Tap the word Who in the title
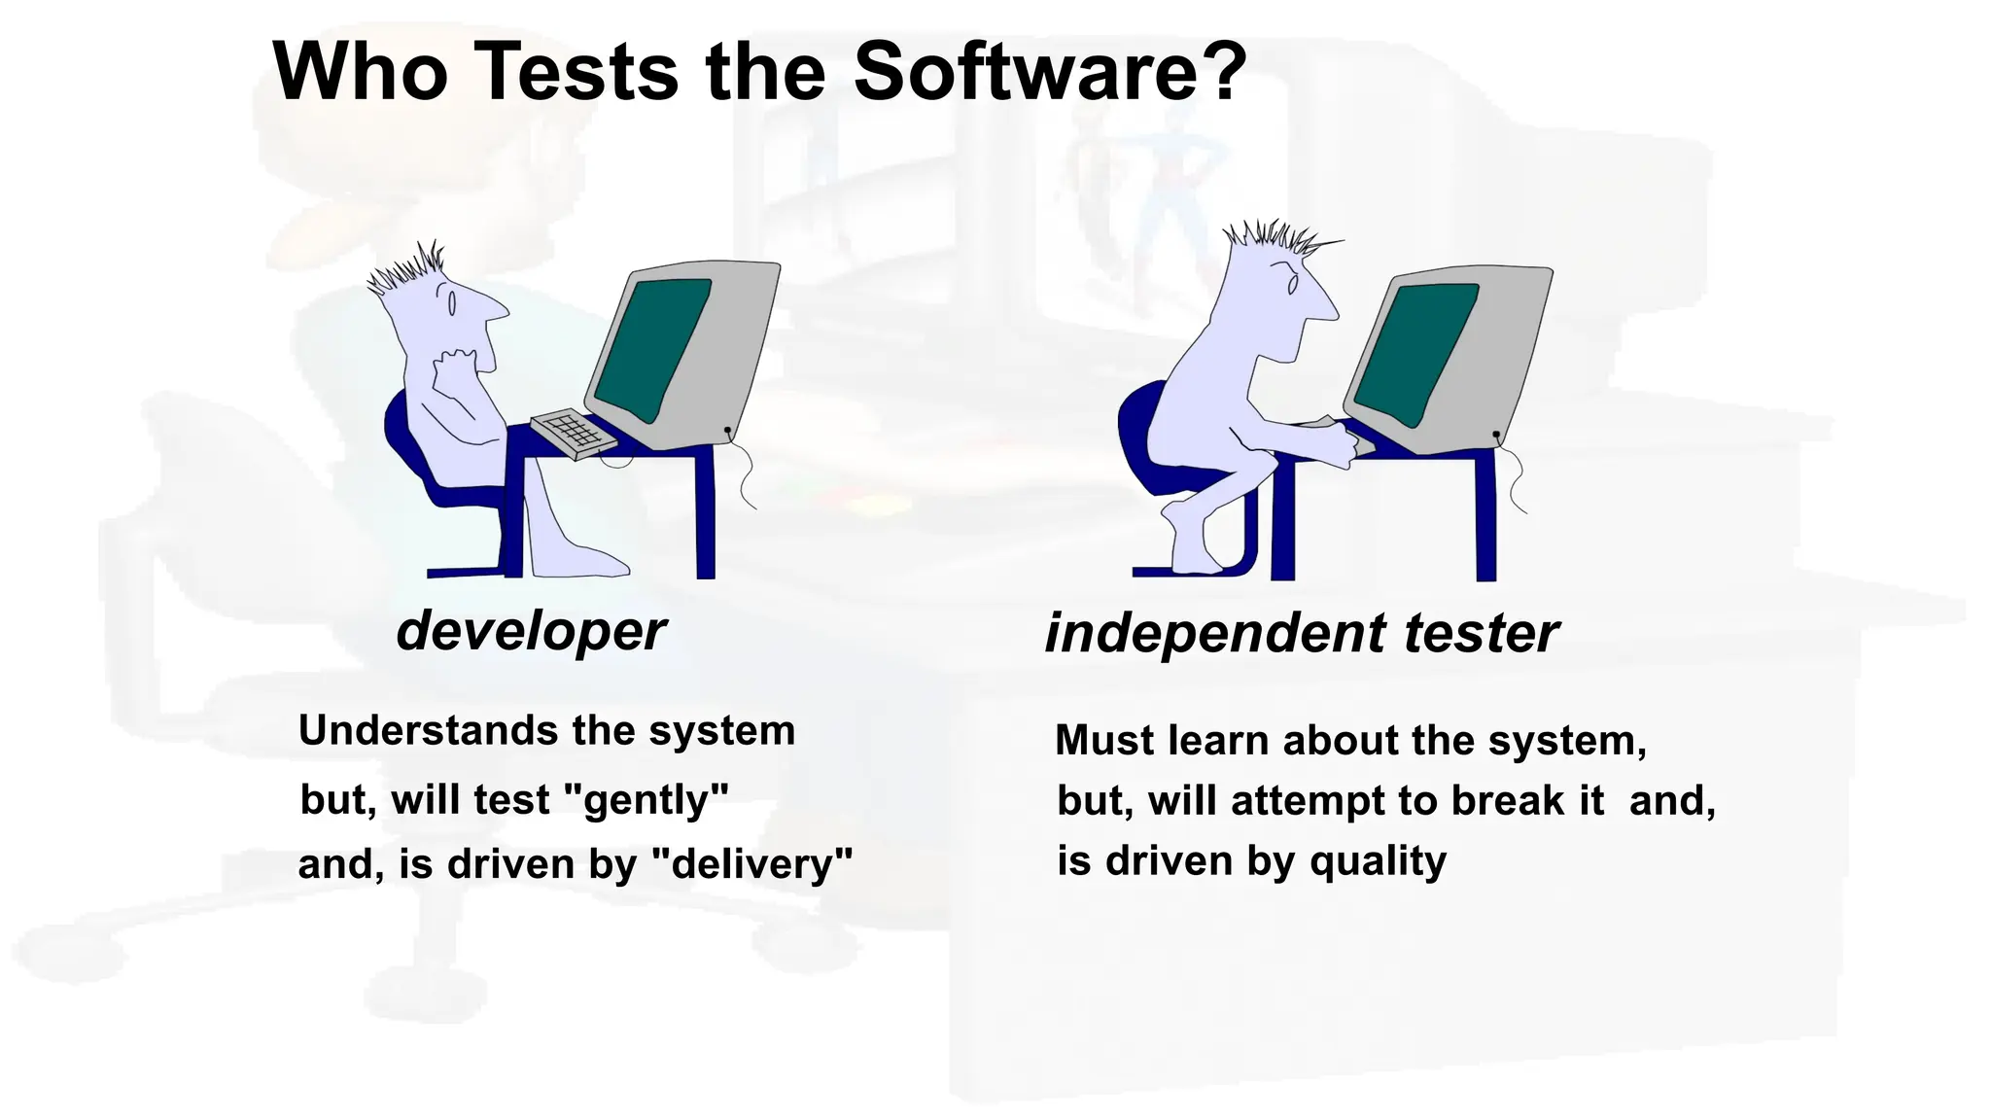click(360, 72)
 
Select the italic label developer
click(531, 632)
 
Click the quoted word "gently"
click(646, 800)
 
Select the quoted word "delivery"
click(750, 863)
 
